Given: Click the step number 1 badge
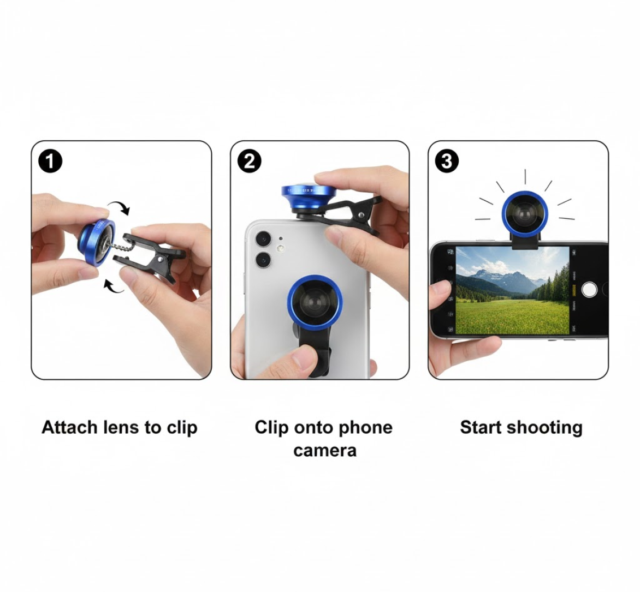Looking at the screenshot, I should (50, 162).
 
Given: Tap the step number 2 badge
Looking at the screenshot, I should (250, 162).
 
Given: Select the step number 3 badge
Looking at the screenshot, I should (447, 162).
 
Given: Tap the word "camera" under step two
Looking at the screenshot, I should (324, 451).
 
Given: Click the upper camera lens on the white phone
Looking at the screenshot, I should (263, 239).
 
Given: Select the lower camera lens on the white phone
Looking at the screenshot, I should (263, 260).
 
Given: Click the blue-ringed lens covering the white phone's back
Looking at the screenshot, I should (315, 301).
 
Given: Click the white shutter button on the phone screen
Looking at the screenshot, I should (589, 290).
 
